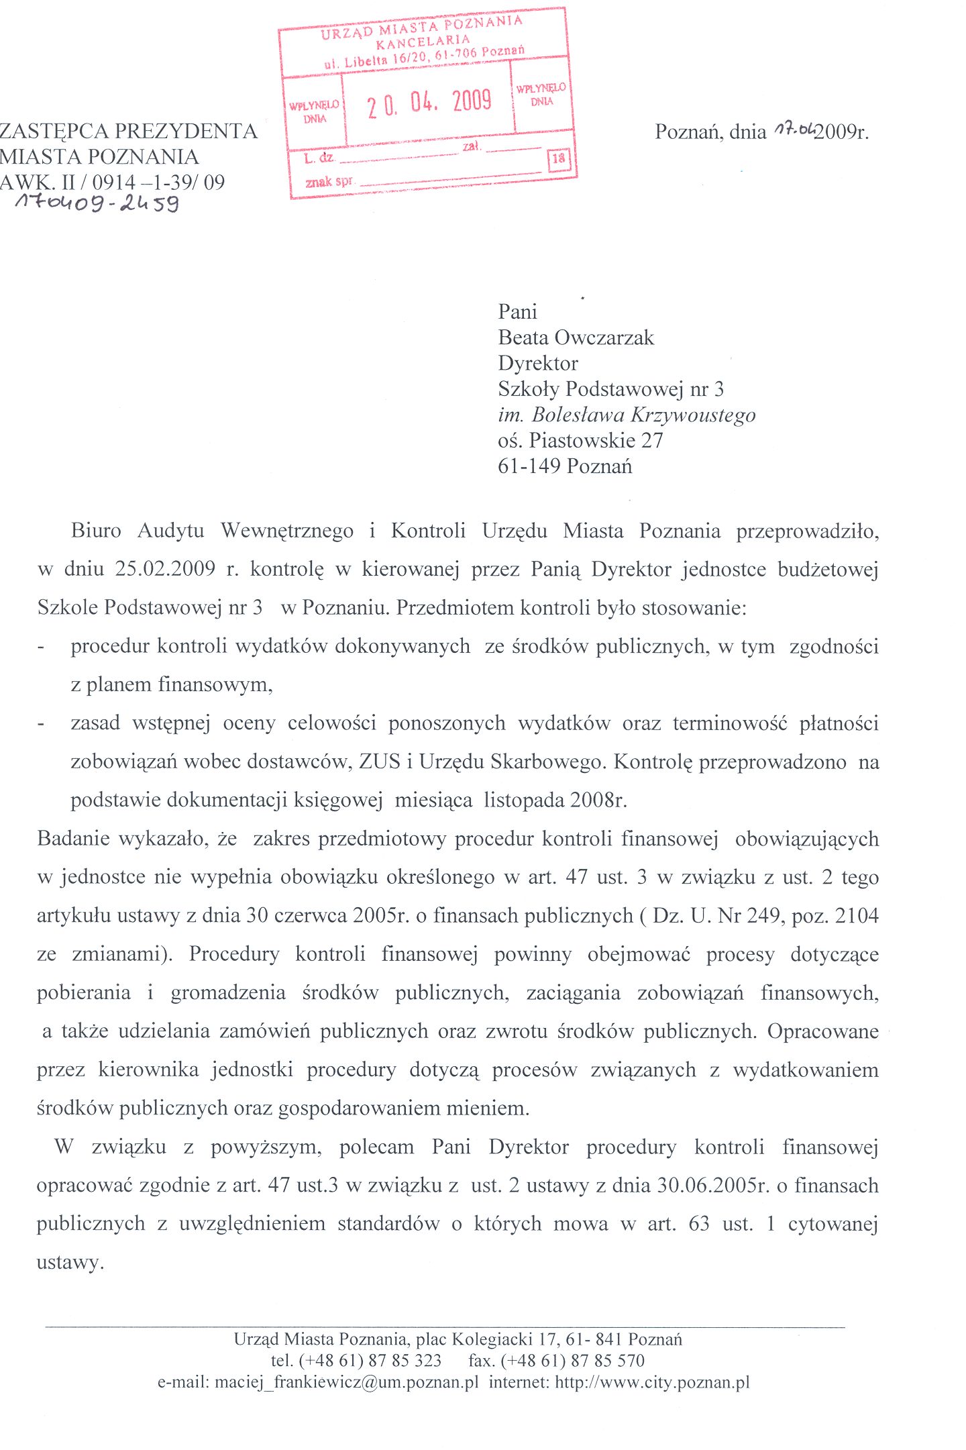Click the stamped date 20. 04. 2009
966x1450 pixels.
tap(429, 103)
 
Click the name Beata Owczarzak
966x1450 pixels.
tap(576, 338)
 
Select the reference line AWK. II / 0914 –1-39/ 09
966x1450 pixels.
tap(112, 182)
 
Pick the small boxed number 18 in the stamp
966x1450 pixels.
tap(558, 159)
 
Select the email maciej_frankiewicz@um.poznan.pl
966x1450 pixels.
tap(346, 1382)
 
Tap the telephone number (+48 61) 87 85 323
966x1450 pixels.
tap(370, 1360)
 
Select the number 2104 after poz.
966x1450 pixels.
tap(857, 915)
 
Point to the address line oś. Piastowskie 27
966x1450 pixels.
tap(580, 440)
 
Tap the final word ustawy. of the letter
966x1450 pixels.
tap(70, 1262)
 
